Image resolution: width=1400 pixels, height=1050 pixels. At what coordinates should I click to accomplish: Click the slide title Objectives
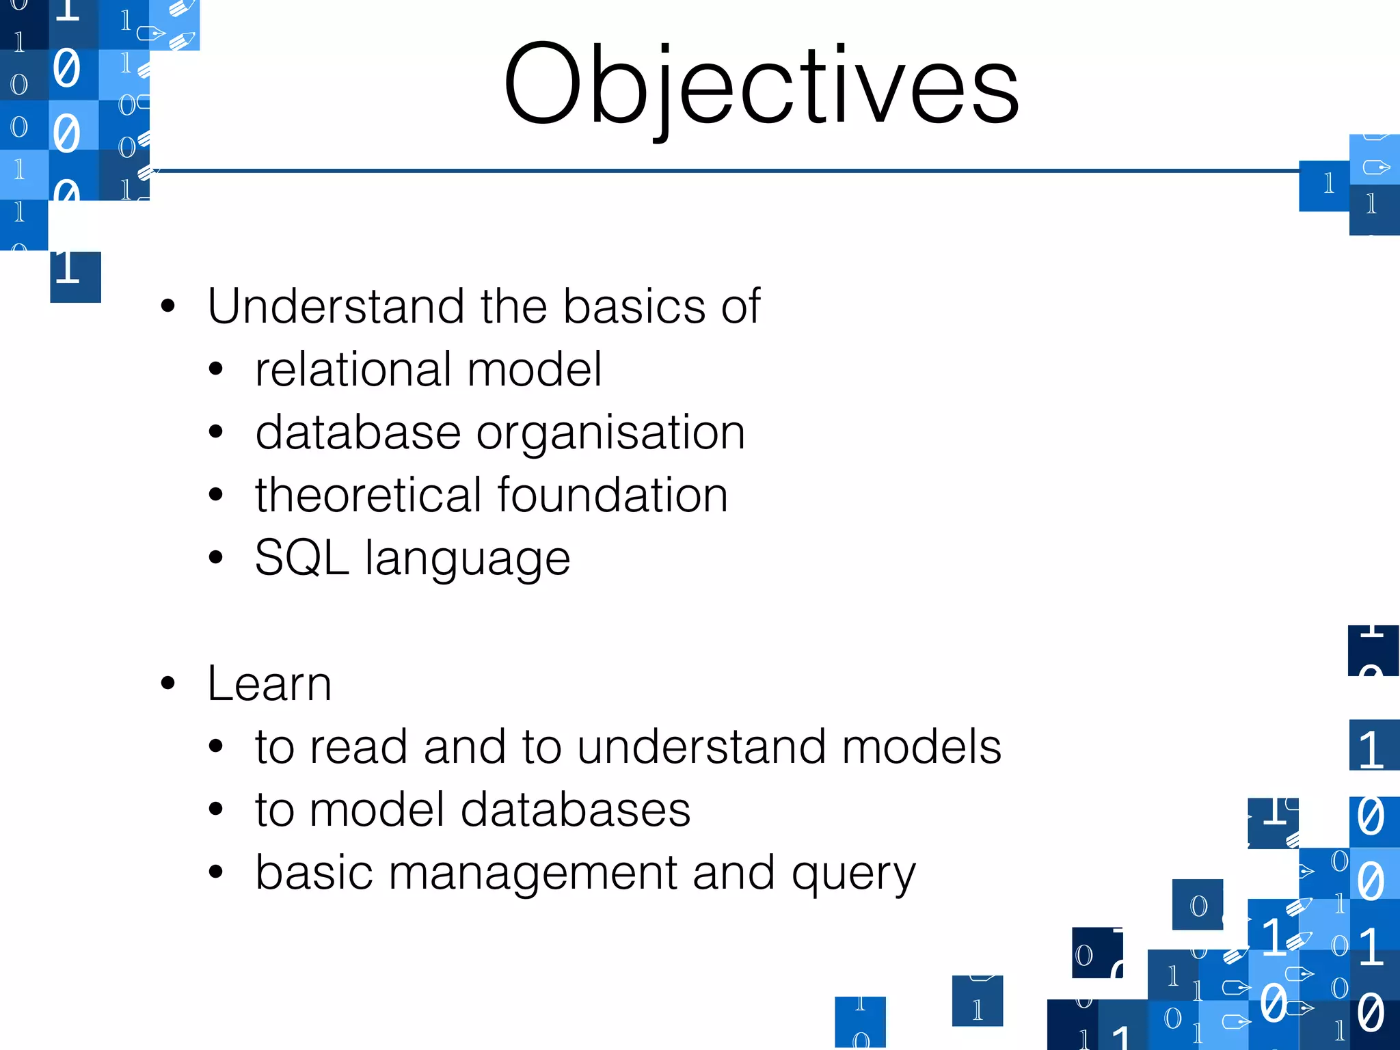[761, 85]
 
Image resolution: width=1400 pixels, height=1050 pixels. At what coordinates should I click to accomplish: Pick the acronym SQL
[301, 558]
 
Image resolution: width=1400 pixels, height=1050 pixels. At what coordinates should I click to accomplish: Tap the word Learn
[269, 684]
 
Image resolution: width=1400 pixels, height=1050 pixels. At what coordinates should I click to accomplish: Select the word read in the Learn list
[358, 746]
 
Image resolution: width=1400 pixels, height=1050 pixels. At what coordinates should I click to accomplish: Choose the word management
[533, 874]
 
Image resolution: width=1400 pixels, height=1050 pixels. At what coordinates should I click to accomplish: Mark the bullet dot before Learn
[168, 683]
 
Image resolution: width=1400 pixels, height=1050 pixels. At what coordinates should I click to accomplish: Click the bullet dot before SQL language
[216, 557]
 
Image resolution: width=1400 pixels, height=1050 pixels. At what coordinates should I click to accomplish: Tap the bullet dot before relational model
[216, 369]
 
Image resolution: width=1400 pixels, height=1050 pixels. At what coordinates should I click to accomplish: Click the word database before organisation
[358, 432]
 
